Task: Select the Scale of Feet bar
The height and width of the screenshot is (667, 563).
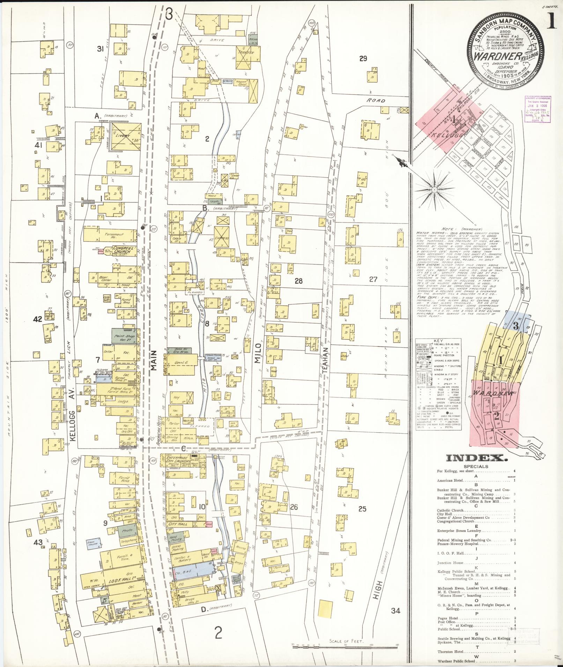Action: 345,646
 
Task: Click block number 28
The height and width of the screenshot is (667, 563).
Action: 298,281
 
